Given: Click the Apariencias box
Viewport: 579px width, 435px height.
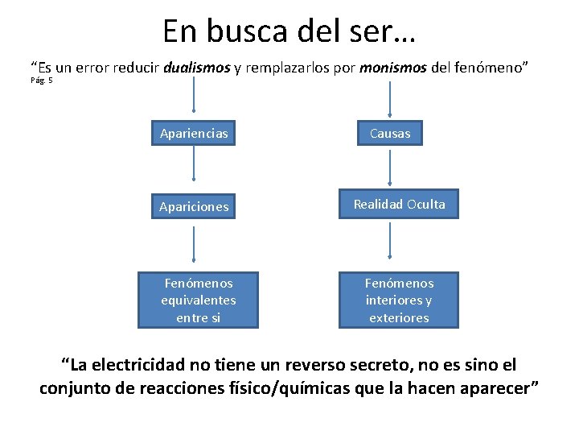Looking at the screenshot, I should point(194,134).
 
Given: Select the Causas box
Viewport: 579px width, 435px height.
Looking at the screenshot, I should point(390,134).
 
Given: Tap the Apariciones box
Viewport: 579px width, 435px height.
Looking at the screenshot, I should point(194,207).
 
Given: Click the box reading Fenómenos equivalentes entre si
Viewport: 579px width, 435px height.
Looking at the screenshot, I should point(199,300).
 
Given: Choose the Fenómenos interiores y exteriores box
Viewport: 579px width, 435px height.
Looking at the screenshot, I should point(399,300).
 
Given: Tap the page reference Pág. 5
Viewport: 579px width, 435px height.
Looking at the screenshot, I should point(42,81).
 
